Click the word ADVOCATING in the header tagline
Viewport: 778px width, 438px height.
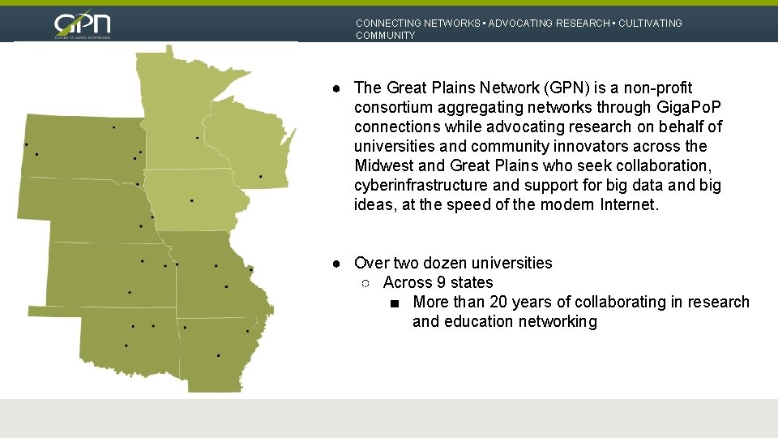519,24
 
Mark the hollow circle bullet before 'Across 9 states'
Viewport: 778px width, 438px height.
365,283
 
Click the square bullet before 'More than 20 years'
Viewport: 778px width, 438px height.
394,303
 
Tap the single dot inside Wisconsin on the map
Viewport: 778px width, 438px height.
260,176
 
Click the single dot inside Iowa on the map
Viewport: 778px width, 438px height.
191,200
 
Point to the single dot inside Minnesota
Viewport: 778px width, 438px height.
197,138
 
